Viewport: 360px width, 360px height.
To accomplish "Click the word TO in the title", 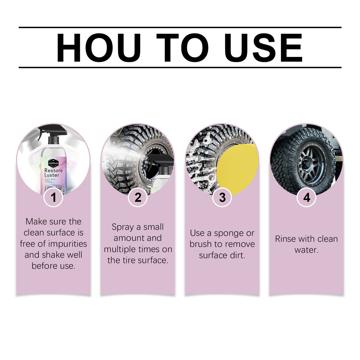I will coord(182,48).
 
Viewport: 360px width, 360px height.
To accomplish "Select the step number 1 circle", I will coord(53,197).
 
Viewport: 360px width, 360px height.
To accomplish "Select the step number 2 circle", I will coord(138,197).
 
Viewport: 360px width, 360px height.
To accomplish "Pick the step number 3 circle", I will coord(222,197).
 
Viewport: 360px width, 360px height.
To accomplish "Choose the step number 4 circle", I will coord(307,197).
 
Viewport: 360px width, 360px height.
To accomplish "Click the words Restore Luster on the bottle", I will coord(53,173).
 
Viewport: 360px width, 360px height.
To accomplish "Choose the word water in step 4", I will coord(306,250).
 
